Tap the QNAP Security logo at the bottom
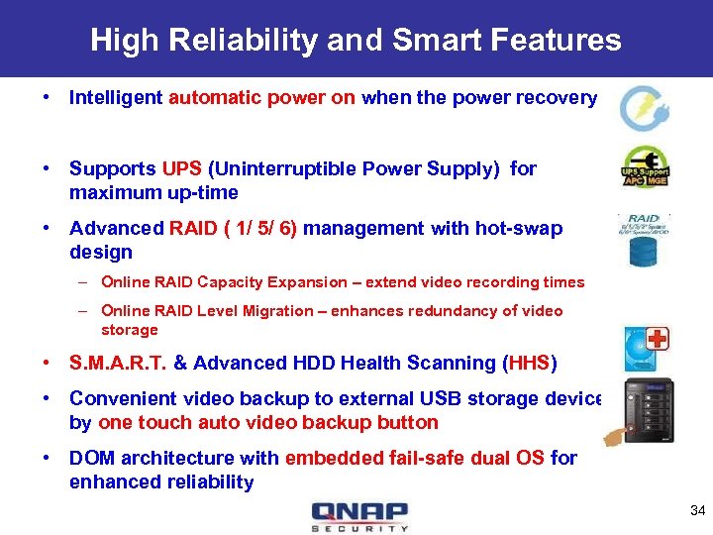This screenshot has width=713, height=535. pyautogui.click(x=358, y=516)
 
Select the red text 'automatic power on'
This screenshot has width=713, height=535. pyautogui.click(x=262, y=97)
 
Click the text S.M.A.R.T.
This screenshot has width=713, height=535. pyautogui.click(x=119, y=363)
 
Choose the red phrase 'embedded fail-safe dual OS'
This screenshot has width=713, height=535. pyautogui.click(x=414, y=458)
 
